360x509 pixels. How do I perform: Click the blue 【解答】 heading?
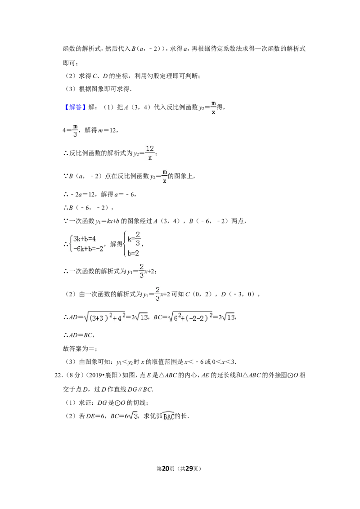click(x=74, y=107)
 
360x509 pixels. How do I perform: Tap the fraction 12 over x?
click(x=150, y=152)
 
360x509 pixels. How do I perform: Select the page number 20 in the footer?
click(x=166, y=469)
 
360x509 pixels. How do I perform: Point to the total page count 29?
click(x=189, y=469)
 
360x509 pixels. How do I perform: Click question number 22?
click(x=58, y=375)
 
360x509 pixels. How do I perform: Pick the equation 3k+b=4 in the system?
click(x=85, y=239)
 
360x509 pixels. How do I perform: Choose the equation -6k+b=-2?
click(x=88, y=249)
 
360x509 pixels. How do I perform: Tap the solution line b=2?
click(x=133, y=253)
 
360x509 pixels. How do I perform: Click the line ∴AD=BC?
click(x=79, y=335)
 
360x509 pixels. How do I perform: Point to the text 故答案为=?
click(x=80, y=348)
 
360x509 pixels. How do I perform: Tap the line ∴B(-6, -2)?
click(x=88, y=208)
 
